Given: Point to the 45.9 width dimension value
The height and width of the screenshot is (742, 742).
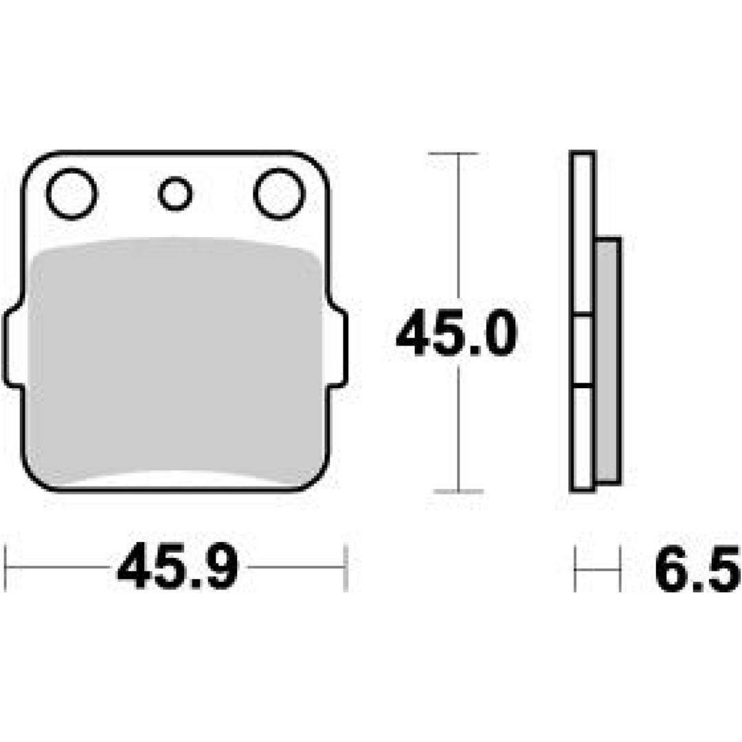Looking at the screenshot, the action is (x=178, y=566).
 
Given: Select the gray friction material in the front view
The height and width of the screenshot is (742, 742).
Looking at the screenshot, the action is (x=176, y=362).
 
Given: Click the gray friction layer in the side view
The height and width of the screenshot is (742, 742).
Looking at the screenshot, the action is (x=607, y=359).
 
